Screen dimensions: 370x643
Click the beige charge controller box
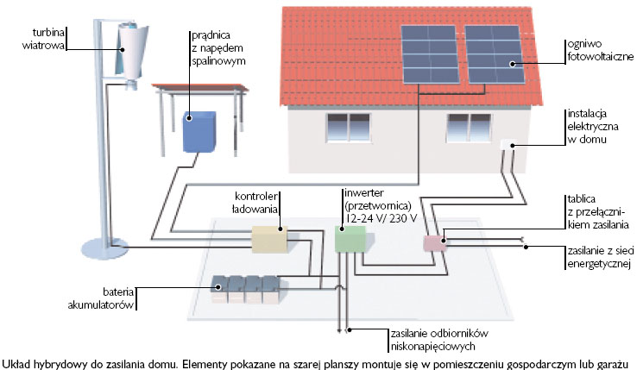268,238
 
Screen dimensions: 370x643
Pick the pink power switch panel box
433,242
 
